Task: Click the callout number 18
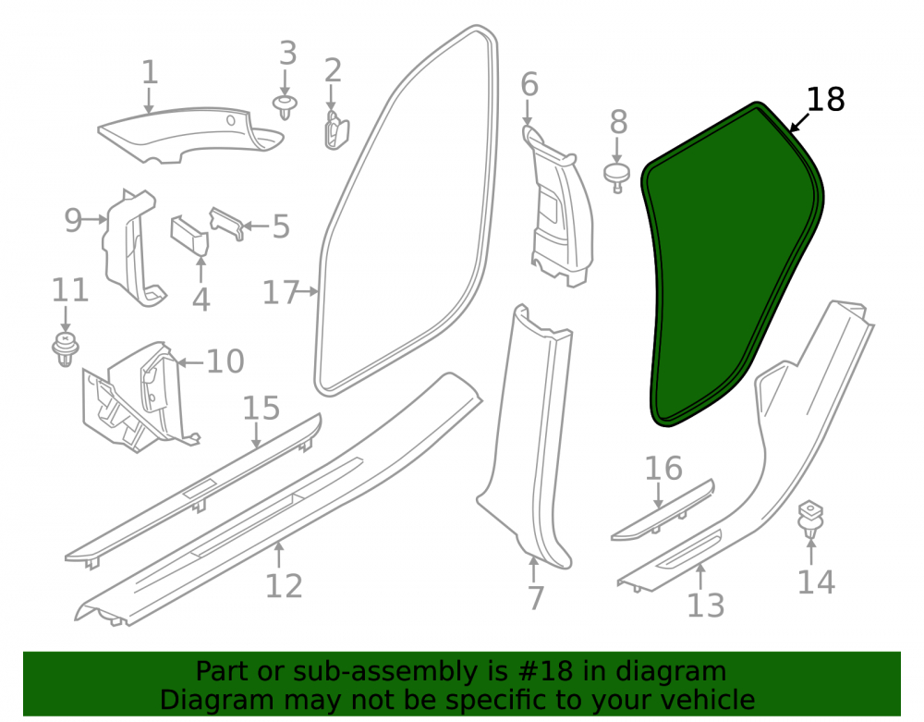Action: coord(825,99)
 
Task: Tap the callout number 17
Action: coord(281,292)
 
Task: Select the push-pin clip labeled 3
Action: coord(286,106)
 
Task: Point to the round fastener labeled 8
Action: coord(617,177)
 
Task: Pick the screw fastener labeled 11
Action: coord(66,349)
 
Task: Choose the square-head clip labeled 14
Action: coord(811,519)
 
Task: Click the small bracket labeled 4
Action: coord(189,234)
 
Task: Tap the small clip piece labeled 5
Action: coord(227,222)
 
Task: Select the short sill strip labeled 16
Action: coord(663,509)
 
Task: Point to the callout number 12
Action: coord(284,586)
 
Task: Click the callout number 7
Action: coord(535,598)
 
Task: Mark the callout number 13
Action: coord(705,606)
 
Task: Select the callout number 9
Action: coord(73,220)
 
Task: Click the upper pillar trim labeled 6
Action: coord(560,206)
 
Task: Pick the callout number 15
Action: coord(261,408)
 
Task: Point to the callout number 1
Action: coord(150,72)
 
